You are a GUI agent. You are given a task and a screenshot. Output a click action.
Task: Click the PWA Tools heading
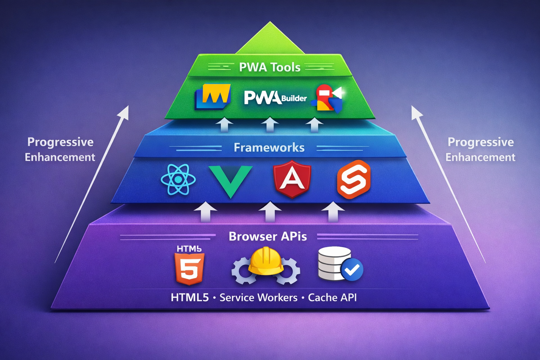(270, 67)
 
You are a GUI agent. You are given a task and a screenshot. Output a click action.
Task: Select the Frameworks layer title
(269, 148)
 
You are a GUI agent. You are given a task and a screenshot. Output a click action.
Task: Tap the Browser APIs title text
(268, 236)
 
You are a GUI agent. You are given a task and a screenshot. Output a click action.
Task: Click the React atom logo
(178, 180)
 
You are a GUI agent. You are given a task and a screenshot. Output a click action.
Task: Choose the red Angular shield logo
(292, 179)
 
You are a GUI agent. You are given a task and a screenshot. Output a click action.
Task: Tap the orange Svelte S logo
(354, 179)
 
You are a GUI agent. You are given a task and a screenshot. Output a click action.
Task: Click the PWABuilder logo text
(275, 98)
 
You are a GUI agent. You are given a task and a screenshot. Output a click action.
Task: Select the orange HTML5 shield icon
(189, 269)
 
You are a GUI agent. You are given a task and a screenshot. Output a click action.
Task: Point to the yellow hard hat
(266, 261)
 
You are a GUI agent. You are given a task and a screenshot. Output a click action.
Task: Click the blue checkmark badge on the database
(352, 270)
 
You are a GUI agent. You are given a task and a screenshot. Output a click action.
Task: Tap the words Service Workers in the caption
(258, 298)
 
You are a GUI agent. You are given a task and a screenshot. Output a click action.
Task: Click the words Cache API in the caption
(332, 298)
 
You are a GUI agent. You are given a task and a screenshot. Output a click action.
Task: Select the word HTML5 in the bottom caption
(190, 298)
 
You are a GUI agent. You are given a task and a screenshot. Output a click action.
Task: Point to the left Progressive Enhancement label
(60, 149)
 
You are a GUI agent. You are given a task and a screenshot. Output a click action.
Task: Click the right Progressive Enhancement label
(480, 149)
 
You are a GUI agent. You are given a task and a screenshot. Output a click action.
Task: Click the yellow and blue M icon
(213, 96)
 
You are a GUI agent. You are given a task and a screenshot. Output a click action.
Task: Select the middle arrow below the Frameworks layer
(270, 212)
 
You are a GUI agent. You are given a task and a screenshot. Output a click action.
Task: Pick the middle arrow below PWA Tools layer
(270, 124)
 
